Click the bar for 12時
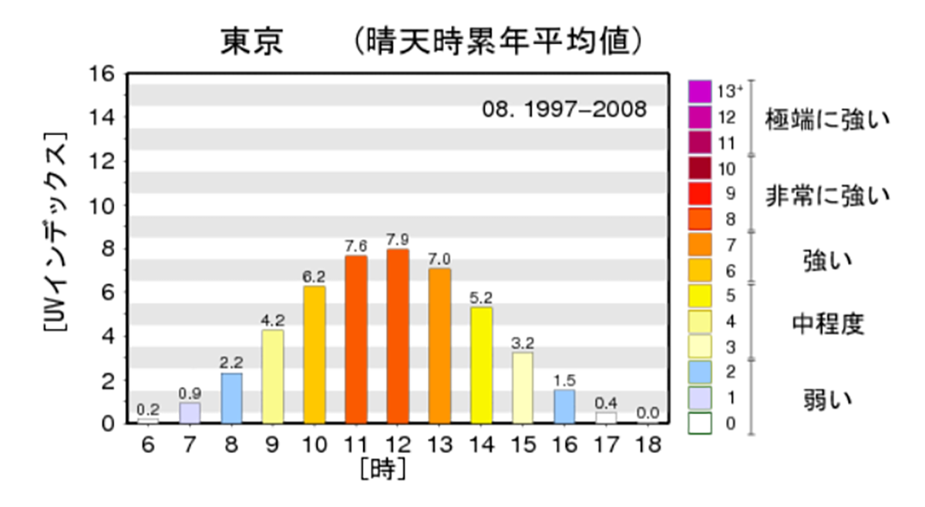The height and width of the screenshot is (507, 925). tap(398, 337)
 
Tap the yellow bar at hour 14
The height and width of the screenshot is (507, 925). tap(481, 365)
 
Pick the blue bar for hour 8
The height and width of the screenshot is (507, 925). tap(231, 398)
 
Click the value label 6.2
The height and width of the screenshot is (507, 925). tap(314, 275)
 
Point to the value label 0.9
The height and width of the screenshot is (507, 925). tap(190, 392)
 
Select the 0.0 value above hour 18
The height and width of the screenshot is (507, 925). tap(647, 413)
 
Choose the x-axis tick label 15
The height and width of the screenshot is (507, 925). tap(523, 446)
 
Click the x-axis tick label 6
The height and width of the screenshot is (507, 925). tap(148, 446)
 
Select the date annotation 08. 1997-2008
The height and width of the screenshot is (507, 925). tap(563, 109)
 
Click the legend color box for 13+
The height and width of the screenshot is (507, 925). tap(700, 92)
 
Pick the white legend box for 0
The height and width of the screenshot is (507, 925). tap(700, 423)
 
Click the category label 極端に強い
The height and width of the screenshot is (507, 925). tap(827, 120)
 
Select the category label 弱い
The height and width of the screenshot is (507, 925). tap(827, 400)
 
